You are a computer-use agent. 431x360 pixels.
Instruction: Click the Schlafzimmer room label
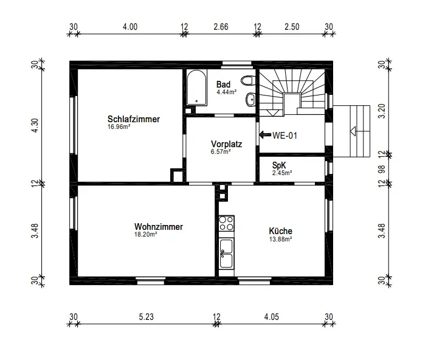tap(134, 119)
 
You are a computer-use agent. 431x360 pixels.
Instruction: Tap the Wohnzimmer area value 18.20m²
tap(145, 234)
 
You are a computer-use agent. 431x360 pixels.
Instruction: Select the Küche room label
tap(280, 230)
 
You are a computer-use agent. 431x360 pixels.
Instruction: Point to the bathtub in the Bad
tap(196, 88)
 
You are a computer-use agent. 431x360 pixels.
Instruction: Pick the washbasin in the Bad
tap(250, 99)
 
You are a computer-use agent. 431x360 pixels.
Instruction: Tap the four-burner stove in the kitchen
tap(227, 223)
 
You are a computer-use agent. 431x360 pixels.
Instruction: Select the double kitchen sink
tap(227, 253)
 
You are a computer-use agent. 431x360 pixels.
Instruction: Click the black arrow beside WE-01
tap(265, 135)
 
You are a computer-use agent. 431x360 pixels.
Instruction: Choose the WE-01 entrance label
tap(284, 136)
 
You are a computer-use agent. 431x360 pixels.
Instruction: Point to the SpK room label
tap(279, 165)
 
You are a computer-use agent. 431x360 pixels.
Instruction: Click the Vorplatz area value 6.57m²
tap(221, 151)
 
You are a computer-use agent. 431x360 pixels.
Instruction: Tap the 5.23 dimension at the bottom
tap(146, 317)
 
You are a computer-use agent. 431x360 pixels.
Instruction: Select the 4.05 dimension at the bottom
tap(272, 317)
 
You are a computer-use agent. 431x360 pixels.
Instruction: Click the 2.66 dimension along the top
tap(221, 27)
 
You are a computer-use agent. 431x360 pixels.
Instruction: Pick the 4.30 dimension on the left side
tap(35, 125)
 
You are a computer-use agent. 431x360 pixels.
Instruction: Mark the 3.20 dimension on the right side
tap(382, 111)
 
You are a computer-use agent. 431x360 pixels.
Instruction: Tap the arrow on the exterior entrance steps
tap(353, 131)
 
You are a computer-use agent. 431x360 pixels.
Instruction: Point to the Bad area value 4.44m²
tap(227, 92)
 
